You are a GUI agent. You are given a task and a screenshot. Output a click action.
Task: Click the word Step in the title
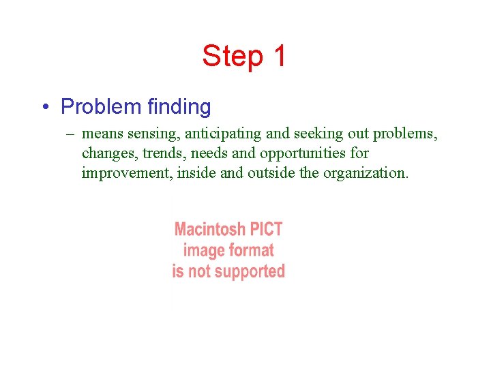click(x=232, y=56)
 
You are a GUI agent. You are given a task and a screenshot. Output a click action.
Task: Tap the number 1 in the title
click(x=279, y=56)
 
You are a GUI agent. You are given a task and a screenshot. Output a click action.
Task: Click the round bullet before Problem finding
click(x=44, y=108)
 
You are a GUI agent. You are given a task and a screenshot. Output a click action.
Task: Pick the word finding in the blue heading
click(x=179, y=107)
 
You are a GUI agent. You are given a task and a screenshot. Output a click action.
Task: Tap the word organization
click(x=366, y=173)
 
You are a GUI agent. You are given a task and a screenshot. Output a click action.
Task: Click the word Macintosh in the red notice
click(x=207, y=230)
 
